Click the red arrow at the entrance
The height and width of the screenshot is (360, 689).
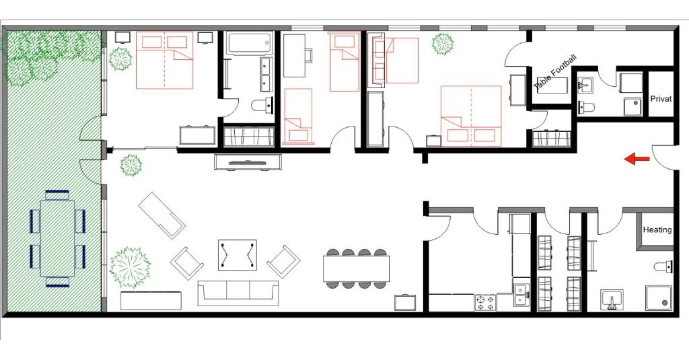tap(637, 159)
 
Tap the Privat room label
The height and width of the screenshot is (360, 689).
tap(661, 99)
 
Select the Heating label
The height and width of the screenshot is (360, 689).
tap(657, 230)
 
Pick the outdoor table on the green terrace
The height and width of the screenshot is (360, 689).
tap(57, 238)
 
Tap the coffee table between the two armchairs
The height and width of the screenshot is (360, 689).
tap(237, 255)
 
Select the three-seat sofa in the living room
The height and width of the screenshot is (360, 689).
tap(238, 292)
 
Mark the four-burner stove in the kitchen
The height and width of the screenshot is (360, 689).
tap(485, 303)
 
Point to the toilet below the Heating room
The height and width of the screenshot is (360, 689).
tap(663, 266)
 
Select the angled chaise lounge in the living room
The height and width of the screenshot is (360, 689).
tap(162, 215)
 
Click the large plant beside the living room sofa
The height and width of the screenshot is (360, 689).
tap(129, 266)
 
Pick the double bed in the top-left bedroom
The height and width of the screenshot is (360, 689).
tap(164, 60)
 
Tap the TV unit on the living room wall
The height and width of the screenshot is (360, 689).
tap(247, 162)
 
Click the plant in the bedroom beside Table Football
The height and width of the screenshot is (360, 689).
tap(442, 44)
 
